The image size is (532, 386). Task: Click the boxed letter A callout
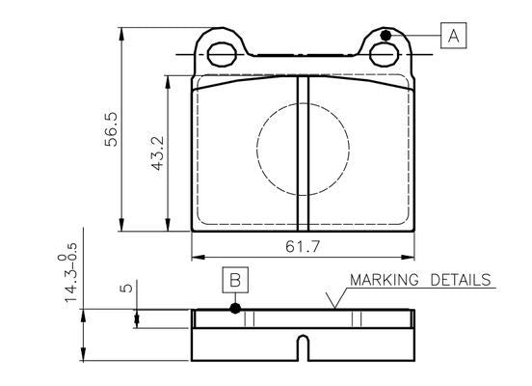coord(454,37)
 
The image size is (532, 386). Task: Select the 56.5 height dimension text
coord(111,129)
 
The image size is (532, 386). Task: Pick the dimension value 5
coord(125,288)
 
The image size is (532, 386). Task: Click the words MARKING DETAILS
coord(420,280)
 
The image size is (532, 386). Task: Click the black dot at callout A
coord(385,36)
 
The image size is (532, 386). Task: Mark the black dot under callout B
coord(234,309)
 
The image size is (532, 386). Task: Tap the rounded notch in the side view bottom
coord(303,343)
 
